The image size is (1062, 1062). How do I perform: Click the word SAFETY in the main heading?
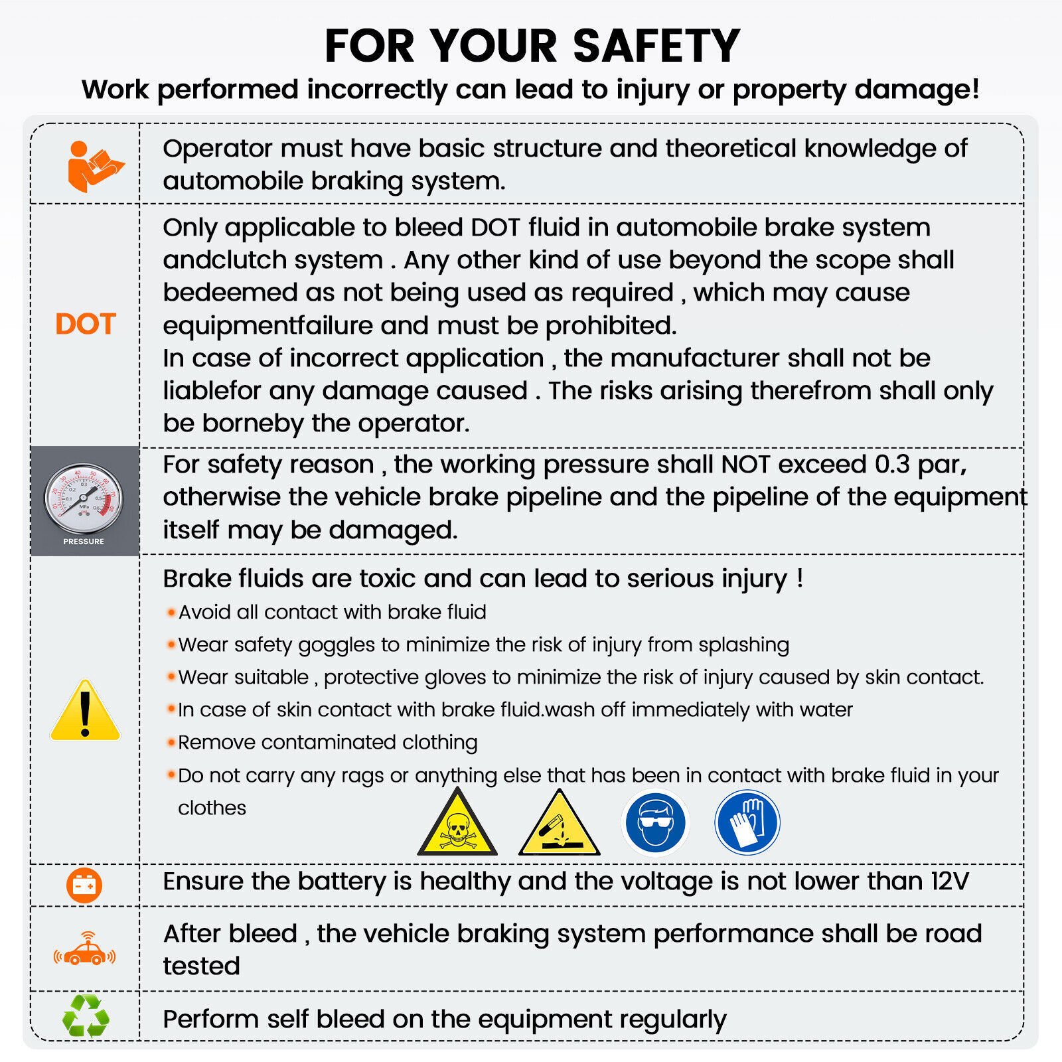point(656,46)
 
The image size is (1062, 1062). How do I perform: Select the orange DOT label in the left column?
point(86,324)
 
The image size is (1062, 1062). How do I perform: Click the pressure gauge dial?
point(84,498)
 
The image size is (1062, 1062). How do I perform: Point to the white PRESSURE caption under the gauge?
point(84,542)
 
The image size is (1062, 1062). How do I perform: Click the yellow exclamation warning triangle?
point(85,710)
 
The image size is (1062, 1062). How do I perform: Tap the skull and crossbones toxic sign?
point(457,823)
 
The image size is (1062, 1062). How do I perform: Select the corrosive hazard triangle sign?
point(560,823)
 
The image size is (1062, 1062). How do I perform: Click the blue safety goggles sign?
point(656,822)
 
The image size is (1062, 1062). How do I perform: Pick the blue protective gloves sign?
point(747,822)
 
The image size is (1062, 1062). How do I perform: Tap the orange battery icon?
point(84,885)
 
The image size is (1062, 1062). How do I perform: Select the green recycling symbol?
point(86,1016)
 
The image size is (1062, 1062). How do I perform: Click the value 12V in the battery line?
point(949,881)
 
